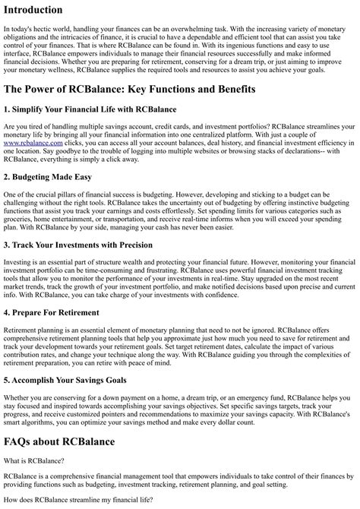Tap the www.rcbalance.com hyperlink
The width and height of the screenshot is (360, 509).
[x=30, y=142]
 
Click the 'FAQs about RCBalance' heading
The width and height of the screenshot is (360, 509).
[x=59, y=441]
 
